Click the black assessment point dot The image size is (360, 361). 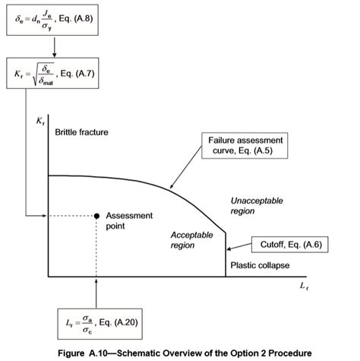point(96,216)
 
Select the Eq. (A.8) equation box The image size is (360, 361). point(52,20)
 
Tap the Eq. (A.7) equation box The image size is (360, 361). point(52,73)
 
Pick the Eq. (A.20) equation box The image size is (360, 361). point(100,324)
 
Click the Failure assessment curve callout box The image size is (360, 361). point(245,146)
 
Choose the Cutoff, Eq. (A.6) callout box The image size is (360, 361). point(290,245)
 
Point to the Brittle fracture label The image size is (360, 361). point(81,132)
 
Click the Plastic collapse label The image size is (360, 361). point(260,265)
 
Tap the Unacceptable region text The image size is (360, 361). point(257,206)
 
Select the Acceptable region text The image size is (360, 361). point(191,240)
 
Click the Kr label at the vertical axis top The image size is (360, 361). point(40,121)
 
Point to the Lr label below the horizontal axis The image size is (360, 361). point(304,286)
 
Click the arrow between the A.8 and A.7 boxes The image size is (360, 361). point(54,46)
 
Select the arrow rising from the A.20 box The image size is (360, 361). point(96,293)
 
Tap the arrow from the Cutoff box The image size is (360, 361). point(239,247)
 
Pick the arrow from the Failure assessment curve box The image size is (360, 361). point(185,167)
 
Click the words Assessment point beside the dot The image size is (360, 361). point(129,220)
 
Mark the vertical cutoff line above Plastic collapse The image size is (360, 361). point(226,254)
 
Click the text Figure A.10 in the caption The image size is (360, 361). point(83,353)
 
